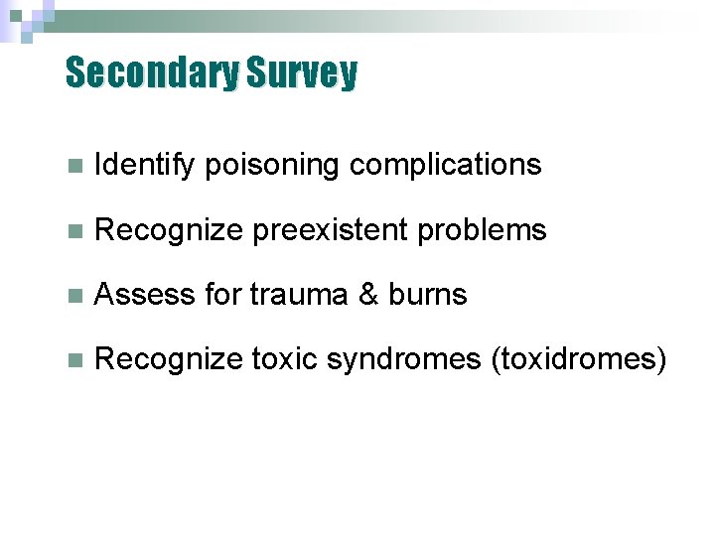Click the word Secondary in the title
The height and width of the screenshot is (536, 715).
pyautogui.click(x=152, y=73)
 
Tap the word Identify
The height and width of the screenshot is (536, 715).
pyautogui.click(x=145, y=165)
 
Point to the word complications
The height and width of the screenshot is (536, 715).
pyautogui.click(x=445, y=165)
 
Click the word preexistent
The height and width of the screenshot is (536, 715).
pyautogui.click(x=330, y=230)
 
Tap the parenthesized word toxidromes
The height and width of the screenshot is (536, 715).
pyautogui.click(x=579, y=359)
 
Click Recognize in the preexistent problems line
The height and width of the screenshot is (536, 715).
pyautogui.click(x=168, y=230)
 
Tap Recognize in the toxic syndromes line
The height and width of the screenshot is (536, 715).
pyautogui.click(x=168, y=359)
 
